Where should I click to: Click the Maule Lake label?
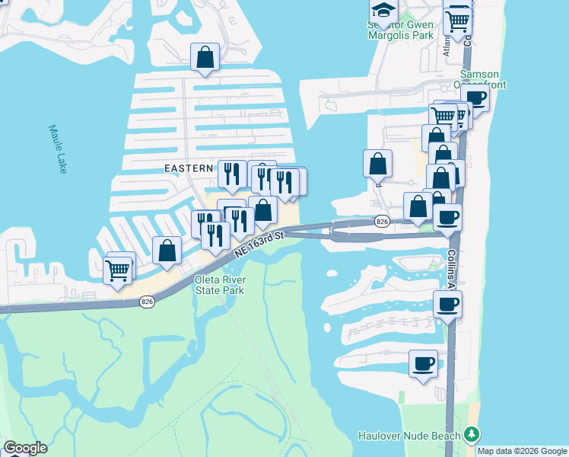[59, 149]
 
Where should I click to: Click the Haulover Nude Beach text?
[409, 436]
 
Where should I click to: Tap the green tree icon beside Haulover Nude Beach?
[472, 435]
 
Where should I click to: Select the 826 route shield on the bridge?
[382, 221]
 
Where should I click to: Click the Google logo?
[25, 448]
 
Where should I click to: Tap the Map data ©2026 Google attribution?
[523, 451]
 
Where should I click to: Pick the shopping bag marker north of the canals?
[205, 57]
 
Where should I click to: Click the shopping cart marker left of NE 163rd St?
[117, 270]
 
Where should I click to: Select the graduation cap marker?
[383, 11]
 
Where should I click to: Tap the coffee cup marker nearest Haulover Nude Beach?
[423, 363]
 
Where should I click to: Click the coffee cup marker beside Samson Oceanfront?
[475, 98]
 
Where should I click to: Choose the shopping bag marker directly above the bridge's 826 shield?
[378, 163]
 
